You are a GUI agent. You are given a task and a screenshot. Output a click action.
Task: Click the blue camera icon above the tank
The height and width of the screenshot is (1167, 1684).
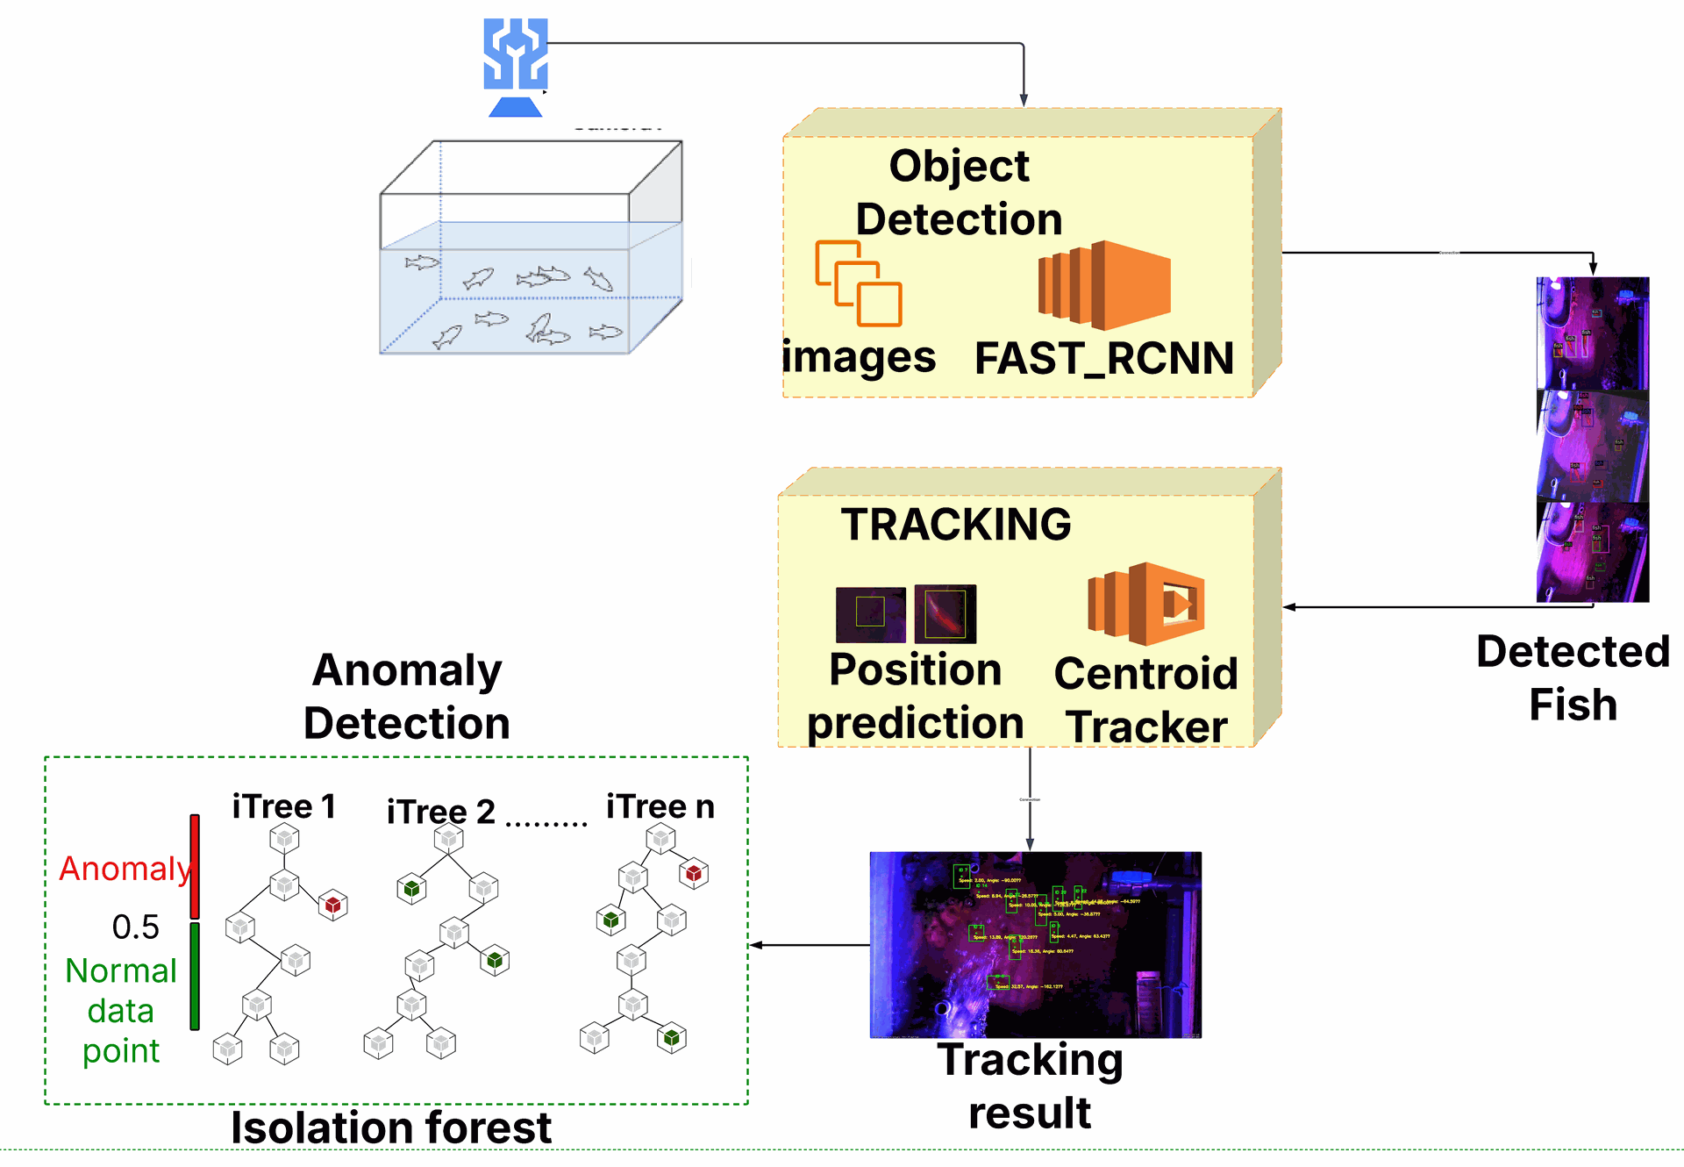point(516,67)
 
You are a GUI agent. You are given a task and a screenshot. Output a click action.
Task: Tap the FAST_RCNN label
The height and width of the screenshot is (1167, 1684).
point(1104,358)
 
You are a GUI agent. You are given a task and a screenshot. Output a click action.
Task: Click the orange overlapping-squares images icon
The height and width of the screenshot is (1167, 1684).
point(859,283)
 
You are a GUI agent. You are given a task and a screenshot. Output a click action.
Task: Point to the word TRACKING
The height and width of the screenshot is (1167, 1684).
point(956,525)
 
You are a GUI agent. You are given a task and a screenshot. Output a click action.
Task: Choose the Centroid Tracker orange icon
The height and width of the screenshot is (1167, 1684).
point(1145,605)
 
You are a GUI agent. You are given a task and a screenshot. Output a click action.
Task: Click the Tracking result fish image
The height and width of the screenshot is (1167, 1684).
point(1035,944)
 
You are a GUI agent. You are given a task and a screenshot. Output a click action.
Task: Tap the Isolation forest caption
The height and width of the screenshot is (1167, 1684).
point(391,1128)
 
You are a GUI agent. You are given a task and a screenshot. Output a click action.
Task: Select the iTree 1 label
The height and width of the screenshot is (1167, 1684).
point(283,806)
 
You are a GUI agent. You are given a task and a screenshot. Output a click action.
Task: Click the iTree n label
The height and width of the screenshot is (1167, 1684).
point(660,806)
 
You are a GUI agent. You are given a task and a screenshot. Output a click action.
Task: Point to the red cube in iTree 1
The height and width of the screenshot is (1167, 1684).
point(332,905)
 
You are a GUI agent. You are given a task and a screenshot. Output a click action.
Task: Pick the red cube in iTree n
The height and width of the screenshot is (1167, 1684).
point(694,873)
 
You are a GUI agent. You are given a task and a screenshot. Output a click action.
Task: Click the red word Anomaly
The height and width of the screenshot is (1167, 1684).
point(125,869)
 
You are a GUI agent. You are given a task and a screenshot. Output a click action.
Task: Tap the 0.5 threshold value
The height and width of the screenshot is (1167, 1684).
point(136,927)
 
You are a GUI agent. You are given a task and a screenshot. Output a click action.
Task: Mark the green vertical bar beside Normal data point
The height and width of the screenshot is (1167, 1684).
point(195,975)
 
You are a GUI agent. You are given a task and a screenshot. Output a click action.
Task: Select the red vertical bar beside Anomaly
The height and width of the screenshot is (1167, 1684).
point(195,866)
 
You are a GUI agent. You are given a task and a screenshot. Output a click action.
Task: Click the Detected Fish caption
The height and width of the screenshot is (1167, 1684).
point(1573,678)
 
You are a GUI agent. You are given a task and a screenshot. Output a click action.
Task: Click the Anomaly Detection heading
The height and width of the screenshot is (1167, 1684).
point(407,697)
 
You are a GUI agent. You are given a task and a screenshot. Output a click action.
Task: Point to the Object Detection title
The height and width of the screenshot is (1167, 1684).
point(959,192)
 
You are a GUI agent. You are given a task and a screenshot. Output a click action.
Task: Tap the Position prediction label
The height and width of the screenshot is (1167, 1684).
point(915,697)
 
